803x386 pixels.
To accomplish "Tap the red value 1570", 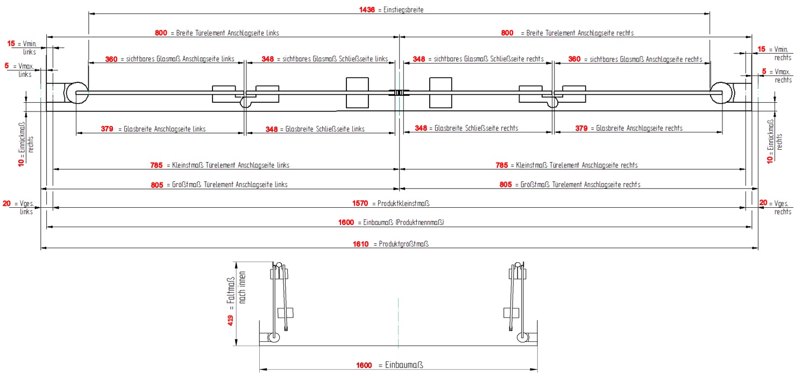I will pyautogui.click(x=360, y=203).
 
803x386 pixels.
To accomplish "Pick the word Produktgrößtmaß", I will pyautogui.click(x=403, y=244).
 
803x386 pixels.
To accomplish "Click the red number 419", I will pyautogui.click(x=230, y=321).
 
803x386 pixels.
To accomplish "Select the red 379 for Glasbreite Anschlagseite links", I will pyautogui.click(x=107, y=129).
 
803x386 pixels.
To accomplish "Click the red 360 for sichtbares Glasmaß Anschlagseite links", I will pyautogui.click(x=111, y=59).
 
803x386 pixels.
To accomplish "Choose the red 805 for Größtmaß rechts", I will pyautogui.click(x=506, y=185).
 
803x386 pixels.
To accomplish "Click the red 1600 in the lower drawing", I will pyautogui.click(x=364, y=366).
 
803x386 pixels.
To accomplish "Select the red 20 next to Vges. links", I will pyautogui.click(x=7, y=203).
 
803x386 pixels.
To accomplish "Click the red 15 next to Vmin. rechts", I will pyautogui.click(x=761, y=49).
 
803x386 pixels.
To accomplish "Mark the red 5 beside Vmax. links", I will pyautogui.click(x=6, y=66).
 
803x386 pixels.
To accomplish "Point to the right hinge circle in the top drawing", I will pyautogui.click(x=721, y=92).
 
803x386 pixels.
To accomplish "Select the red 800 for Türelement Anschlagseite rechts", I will pyautogui.click(x=507, y=33).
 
